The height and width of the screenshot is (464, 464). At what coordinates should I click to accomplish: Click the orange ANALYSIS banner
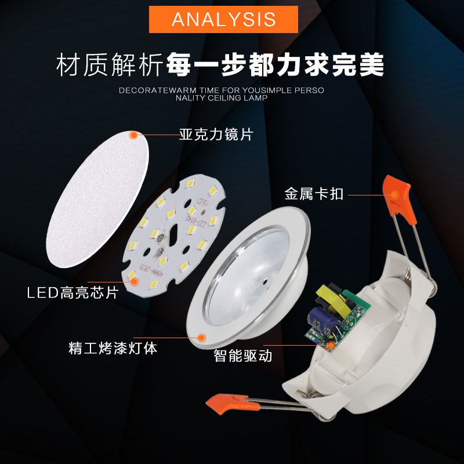(x=223, y=19)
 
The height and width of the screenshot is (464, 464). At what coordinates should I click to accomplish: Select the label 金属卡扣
(x=314, y=194)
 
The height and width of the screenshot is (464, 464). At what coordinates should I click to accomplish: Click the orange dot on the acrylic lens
(x=133, y=135)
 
